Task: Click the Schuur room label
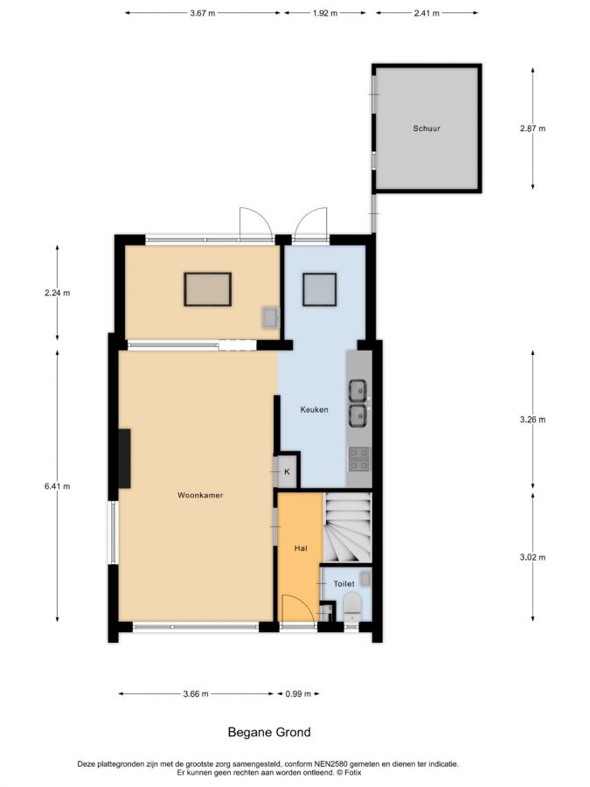pos(427,129)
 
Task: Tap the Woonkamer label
pos(200,495)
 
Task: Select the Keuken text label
pos(314,409)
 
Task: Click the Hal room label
pos(301,548)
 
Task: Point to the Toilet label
pos(344,584)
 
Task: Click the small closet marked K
pos(287,471)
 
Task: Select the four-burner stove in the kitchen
pos(358,459)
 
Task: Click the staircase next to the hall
pos(347,527)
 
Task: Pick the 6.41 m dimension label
pos(57,486)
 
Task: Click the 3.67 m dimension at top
pos(202,13)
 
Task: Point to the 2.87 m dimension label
pos(533,129)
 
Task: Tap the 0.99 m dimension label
pos(298,694)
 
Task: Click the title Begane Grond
pos(269,732)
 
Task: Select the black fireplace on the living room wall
pos(124,458)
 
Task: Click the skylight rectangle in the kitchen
pos(319,289)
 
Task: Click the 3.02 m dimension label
pos(533,557)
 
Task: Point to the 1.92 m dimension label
pos(325,13)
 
